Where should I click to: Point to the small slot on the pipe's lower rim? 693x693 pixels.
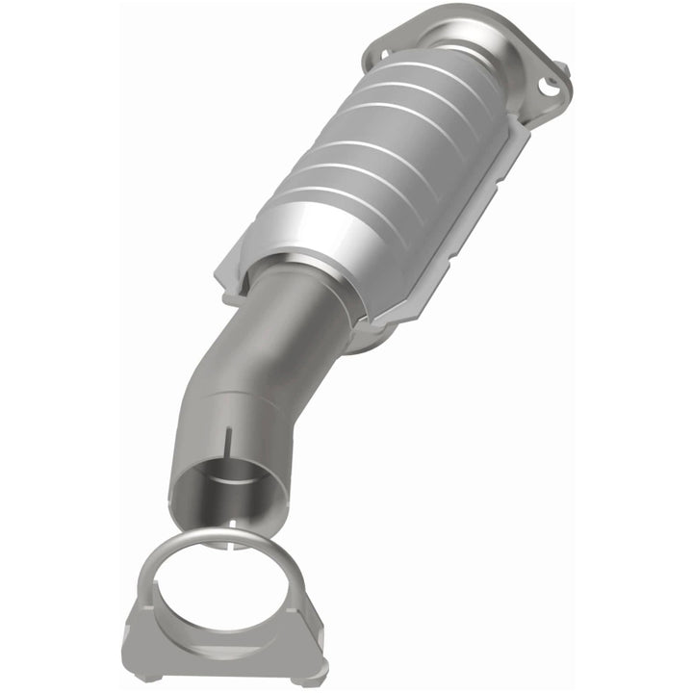point(232,524)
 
